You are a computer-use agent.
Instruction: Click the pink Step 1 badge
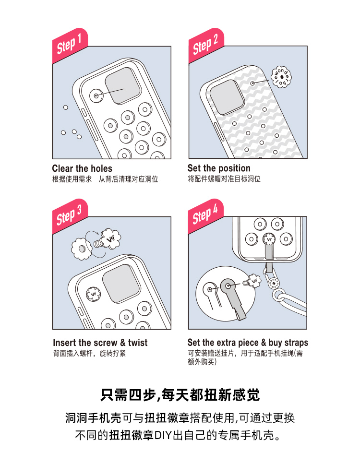coord(70,46)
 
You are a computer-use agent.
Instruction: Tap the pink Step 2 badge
coord(206,46)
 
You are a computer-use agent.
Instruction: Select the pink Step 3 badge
coord(70,216)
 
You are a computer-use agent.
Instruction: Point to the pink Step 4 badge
coord(206,216)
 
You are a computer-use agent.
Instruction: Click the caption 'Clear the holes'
coord(82,168)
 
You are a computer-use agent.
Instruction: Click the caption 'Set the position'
coord(219,168)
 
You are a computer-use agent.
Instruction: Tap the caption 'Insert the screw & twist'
coord(100,343)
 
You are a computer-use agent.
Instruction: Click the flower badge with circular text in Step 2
coord(281,77)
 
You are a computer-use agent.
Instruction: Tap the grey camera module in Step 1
coord(123,86)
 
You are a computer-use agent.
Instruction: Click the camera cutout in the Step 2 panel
coord(227,97)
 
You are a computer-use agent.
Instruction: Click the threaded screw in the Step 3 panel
coord(99,243)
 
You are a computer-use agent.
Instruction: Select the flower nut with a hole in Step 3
coord(82,249)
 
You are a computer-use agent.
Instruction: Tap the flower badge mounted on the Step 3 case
coord(93,294)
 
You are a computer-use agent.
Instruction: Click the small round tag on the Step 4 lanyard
coord(274,283)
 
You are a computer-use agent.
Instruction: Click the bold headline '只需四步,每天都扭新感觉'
coord(180,395)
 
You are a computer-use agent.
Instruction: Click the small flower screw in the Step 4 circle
coord(252,281)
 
